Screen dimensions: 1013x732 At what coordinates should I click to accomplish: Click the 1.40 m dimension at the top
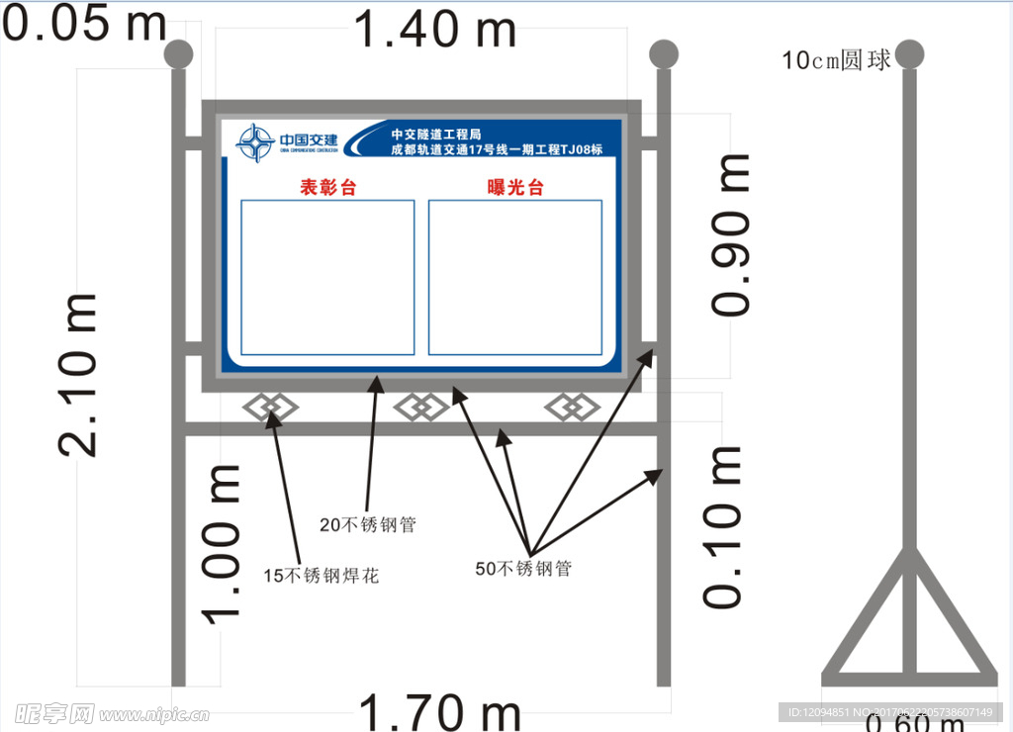click(x=434, y=29)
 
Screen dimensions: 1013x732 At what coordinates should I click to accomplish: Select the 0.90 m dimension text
click(x=731, y=234)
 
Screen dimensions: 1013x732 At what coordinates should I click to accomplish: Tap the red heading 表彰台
click(x=327, y=188)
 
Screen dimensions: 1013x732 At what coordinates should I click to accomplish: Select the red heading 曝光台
click(x=515, y=188)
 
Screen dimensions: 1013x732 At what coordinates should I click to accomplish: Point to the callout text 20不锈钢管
click(x=367, y=524)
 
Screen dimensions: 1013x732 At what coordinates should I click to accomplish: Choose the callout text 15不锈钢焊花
click(x=321, y=575)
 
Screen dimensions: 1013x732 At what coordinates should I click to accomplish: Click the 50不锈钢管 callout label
click(x=523, y=569)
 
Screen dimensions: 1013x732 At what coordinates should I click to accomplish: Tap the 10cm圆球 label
click(x=837, y=60)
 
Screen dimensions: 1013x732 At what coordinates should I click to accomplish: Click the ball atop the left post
click(x=178, y=54)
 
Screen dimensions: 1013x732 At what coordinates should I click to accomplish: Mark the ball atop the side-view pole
click(x=910, y=54)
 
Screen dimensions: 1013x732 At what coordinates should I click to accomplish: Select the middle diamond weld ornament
click(x=421, y=406)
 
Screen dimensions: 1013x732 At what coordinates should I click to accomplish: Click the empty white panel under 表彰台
click(x=327, y=277)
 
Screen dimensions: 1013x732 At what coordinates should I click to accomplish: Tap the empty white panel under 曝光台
click(x=515, y=277)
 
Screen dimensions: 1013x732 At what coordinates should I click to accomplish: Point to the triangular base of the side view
click(x=910, y=623)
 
